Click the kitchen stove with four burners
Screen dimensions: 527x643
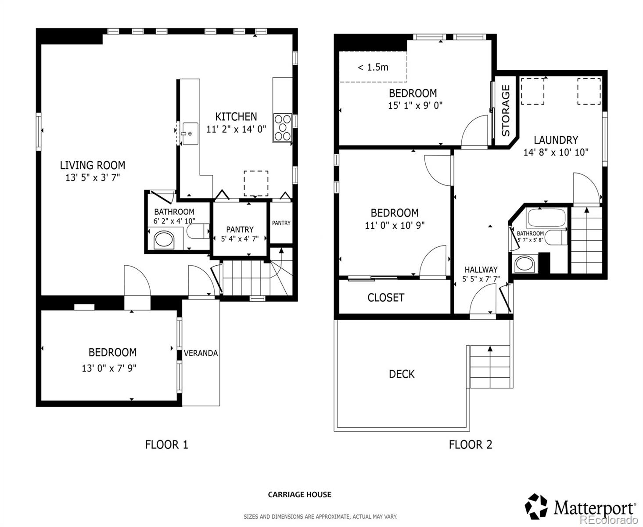(x=282, y=128)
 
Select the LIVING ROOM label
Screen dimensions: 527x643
(x=93, y=166)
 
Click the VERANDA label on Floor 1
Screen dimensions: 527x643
(x=201, y=353)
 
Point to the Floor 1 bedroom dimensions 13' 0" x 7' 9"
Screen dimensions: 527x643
(x=109, y=368)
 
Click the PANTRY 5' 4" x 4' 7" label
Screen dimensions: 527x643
(x=240, y=234)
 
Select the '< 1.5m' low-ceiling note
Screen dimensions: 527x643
(x=373, y=67)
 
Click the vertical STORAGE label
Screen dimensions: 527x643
(x=506, y=110)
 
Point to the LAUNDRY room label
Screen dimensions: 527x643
(x=556, y=140)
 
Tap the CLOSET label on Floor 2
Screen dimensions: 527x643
(x=385, y=298)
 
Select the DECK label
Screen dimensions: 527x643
(x=402, y=374)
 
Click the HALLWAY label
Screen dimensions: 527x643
(x=481, y=270)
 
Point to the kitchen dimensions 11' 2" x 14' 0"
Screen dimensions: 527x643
(x=236, y=130)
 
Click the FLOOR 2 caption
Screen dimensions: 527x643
(x=470, y=445)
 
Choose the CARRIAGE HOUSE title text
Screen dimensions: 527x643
(x=299, y=495)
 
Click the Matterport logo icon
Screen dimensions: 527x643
(x=536, y=506)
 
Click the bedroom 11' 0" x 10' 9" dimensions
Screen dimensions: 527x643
(x=395, y=226)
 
